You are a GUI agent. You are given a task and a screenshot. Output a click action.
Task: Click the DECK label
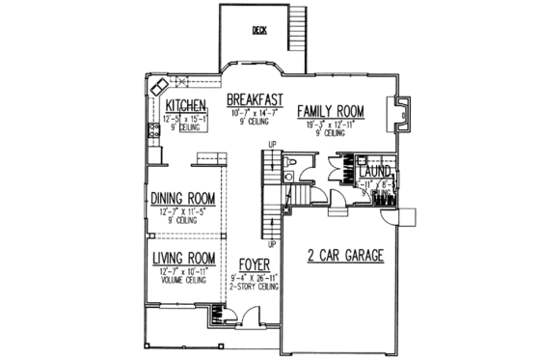click(258, 31)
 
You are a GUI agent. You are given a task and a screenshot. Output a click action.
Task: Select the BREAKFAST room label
click(254, 99)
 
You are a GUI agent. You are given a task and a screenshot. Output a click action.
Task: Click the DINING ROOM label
click(182, 199)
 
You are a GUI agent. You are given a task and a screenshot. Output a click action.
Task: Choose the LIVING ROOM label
click(182, 258)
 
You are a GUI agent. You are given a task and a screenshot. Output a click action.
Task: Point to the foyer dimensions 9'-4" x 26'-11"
click(255, 277)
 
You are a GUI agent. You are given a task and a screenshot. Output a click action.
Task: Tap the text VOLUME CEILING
click(181, 279)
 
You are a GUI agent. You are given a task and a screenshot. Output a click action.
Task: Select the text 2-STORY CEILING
click(255, 287)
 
